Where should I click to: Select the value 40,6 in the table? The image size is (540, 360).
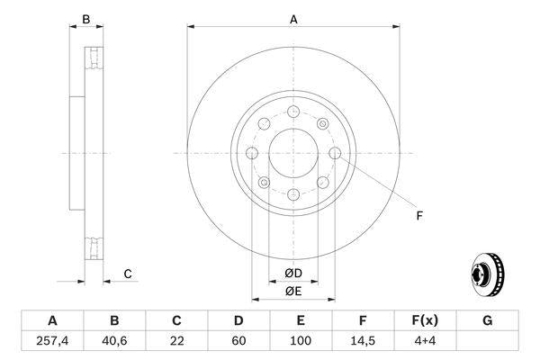tap(114, 340)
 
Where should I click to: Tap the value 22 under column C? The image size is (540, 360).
tap(176, 340)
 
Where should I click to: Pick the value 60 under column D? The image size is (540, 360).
tap(238, 340)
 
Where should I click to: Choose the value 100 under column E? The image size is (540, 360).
tap(301, 340)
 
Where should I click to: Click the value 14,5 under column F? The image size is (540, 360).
tap(363, 340)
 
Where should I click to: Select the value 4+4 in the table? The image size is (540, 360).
tap(425, 340)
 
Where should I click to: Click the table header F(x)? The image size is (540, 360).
tap(425, 320)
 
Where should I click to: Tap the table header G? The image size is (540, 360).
tap(487, 320)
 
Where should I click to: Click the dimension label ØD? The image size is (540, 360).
tap(292, 273)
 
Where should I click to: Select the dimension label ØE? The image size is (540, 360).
tap(292, 291)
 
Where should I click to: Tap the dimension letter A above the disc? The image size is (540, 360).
tap(293, 18)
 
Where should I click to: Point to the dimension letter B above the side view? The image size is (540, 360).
tap(86, 18)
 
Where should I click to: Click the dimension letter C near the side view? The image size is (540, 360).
tap(128, 273)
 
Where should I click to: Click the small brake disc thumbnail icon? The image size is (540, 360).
tap(487, 274)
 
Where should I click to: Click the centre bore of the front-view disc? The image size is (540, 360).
tap(292, 152)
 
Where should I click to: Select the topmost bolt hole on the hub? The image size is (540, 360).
tap(293, 112)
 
